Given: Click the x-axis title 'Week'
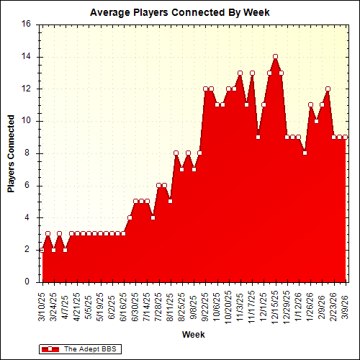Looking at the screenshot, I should pyautogui.click(x=193, y=335).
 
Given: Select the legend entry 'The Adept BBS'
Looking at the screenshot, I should pyautogui.click(x=86, y=348).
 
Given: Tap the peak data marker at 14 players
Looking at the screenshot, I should pyautogui.click(x=275, y=57).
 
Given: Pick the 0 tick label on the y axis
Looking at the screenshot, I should pyautogui.click(x=28, y=282).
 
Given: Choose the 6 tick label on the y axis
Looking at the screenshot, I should pyautogui.click(x=28, y=185).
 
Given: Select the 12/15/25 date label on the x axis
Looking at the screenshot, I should pyautogui.click(x=275, y=307).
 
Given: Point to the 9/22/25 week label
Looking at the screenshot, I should pyautogui.click(x=205, y=307).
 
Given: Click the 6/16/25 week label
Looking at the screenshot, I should pyautogui.click(x=124, y=307).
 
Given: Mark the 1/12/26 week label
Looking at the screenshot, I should pyautogui.click(x=299, y=307).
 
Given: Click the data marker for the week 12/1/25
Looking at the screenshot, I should pyautogui.click(x=264, y=105).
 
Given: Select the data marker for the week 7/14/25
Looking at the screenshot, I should pyautogui.click(x=147, y=202).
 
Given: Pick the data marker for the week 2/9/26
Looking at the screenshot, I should pyautogui.click(x=322, y=105).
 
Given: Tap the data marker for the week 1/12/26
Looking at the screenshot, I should pyautogui.click(x=299, y=138).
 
